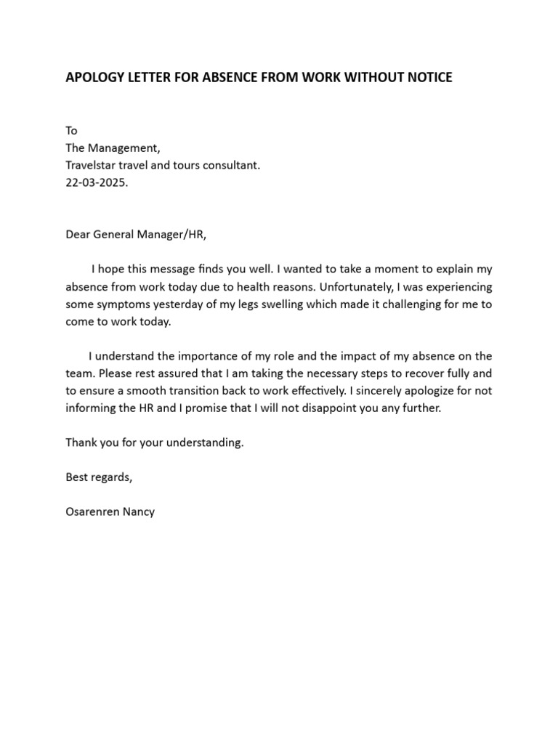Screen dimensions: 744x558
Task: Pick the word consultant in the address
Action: (x=231, y=166)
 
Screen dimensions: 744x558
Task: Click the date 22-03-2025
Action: (x=97, y=183)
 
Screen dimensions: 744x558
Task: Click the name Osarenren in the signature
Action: (x=93, y=511)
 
